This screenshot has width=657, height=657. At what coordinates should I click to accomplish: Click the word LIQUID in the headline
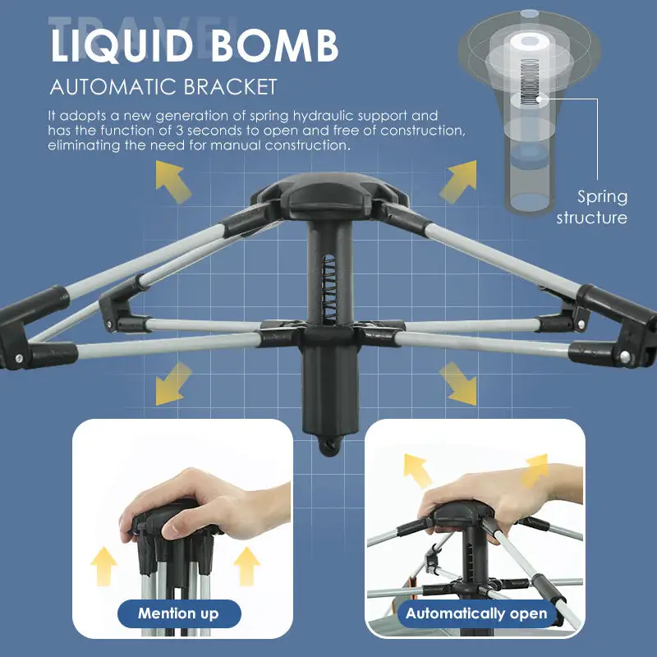(x=122, y=46)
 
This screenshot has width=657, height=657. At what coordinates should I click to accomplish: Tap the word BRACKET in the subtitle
(x=230, y=87)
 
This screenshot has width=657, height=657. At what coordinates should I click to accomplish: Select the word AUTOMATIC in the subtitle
(x=113, y=87)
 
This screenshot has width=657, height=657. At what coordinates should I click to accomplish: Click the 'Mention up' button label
(x=178, y=613)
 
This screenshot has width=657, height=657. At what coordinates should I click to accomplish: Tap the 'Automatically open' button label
(x=476, y=613)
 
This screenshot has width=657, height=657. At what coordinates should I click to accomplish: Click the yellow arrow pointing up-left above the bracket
(x=173, y=181)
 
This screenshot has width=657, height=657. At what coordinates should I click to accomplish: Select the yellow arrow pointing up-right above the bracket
(x=458, y=181)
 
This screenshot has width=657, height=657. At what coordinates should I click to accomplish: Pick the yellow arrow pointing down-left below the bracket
(x=173, y=384)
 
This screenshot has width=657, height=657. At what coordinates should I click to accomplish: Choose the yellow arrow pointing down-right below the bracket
(x=458, y=384)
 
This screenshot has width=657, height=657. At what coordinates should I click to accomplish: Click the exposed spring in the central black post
(x=329, y=289)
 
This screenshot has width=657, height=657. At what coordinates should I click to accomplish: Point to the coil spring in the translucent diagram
(x=530, y=81)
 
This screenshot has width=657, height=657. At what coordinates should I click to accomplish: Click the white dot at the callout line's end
(x=540, y=99)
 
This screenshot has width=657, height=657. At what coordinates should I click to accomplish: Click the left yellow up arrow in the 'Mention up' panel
(x=104, y=566)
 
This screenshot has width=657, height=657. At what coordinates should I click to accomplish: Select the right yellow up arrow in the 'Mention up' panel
(x=247, y=566)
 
